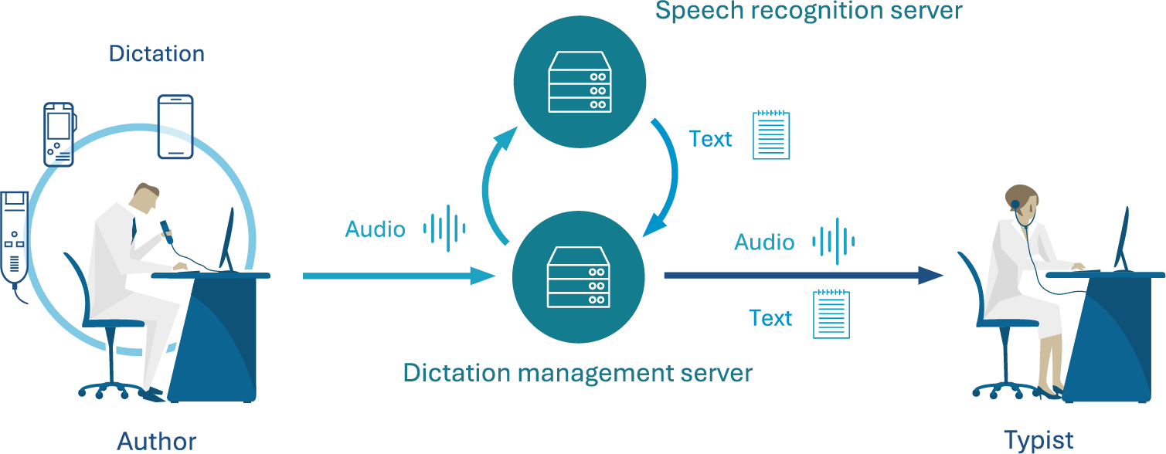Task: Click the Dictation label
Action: [x=156, y=54]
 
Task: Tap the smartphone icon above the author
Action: [x=175, y=127]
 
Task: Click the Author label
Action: [x=156, y=441]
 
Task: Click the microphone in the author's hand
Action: [x=166, y=227]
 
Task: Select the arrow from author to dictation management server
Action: [x=398, y=276]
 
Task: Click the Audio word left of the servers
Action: [x=375, y=229]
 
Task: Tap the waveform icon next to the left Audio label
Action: [x=444, y=228]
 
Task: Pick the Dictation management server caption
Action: [x=577, y=373]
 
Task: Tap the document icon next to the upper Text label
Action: [x=771, y=135]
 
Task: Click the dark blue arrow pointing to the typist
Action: [x=804, y=275]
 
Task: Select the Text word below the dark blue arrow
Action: [x=770, y=318]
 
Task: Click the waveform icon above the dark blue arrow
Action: [x=833, y=242]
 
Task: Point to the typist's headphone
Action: [x=1015, y=205]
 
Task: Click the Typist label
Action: [x=1039, y=441]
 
